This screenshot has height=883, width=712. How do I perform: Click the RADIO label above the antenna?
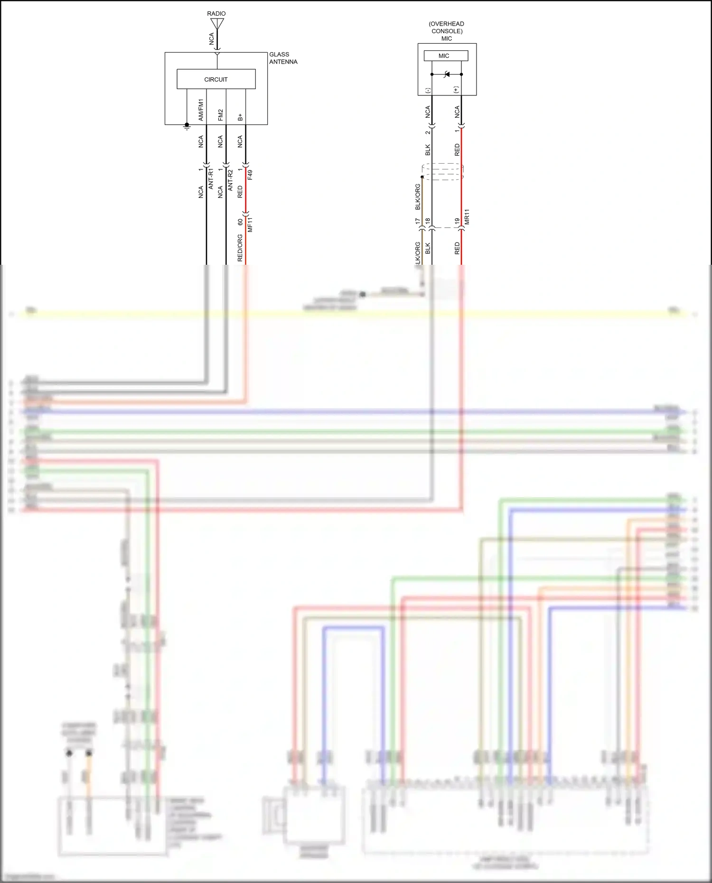(216, 13)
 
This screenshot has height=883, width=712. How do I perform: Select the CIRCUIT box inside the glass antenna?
(216, 79)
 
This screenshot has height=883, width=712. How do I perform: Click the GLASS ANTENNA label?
(283, 58)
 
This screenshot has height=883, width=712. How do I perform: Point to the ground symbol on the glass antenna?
(187, 126)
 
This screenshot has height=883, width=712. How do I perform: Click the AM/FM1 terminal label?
(201, 110)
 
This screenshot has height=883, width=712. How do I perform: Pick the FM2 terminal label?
(220, 115)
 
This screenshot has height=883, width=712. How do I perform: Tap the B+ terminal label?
(240, 117)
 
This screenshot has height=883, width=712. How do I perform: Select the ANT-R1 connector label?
(211, 179)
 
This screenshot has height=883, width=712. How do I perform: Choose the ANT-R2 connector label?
(231, 180)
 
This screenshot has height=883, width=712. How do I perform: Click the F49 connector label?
(250, 175)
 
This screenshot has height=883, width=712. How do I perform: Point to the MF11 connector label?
(250, 224)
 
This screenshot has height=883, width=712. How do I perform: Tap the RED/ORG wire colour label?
(240, 248)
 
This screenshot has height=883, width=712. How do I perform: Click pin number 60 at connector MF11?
(240, 222)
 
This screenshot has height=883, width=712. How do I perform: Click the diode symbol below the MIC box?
(446, 74)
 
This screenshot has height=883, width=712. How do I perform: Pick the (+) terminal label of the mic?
(456, 89)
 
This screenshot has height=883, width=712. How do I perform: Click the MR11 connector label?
(467, 216)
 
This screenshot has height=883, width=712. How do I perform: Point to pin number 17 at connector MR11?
(418, 221)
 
